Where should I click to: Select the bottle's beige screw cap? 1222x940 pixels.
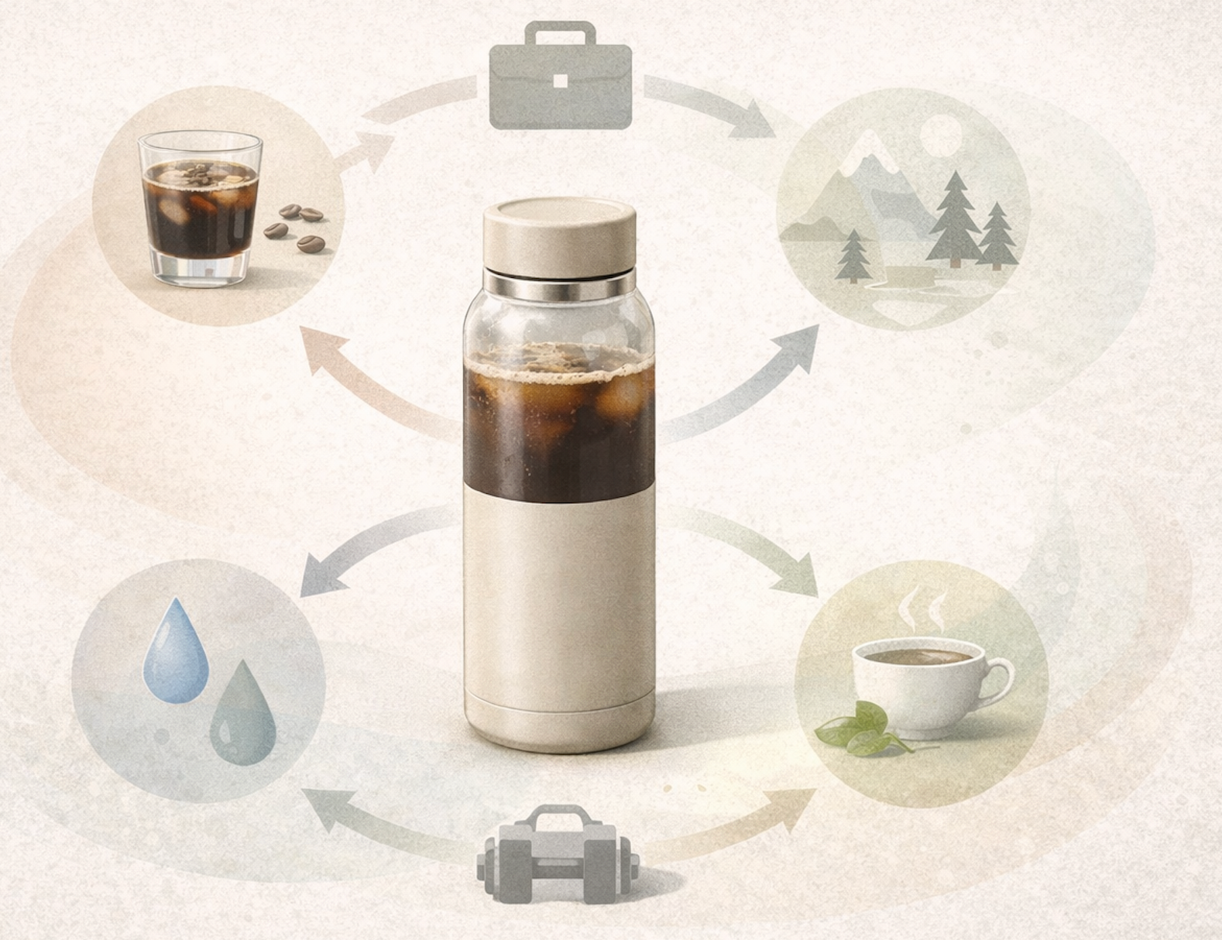pyautogui.click(x=560, y=235)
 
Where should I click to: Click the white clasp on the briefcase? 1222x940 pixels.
pyautogui.click(x=561, y=81)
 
